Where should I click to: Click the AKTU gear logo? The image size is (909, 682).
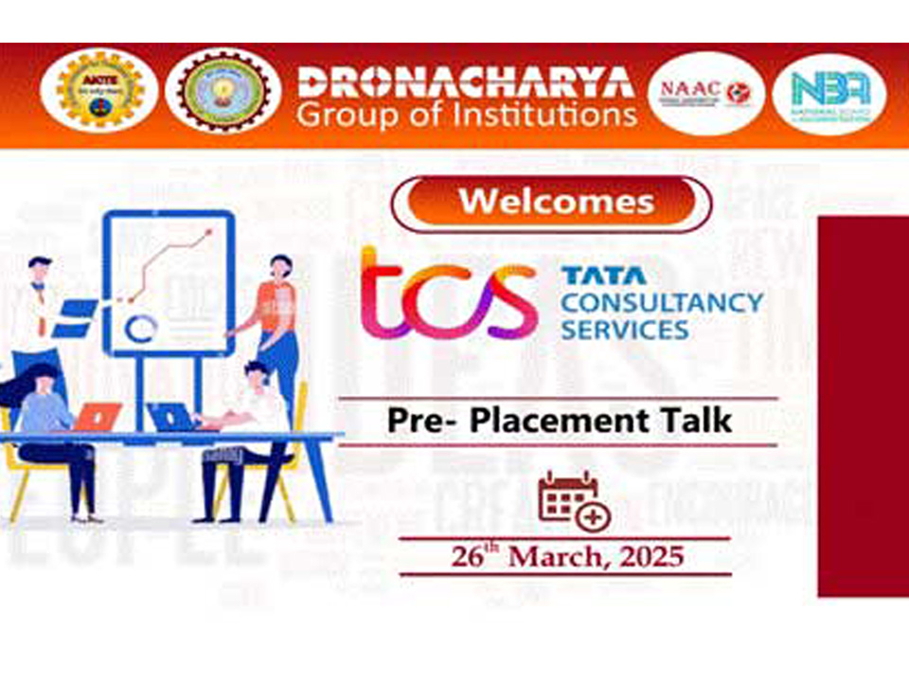click(95, 91)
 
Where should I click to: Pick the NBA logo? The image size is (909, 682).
click(829, 93)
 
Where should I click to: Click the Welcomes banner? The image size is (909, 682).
click(551, 203)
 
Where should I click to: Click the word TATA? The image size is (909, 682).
click(603, 277)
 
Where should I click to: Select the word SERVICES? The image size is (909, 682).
click(624, 330)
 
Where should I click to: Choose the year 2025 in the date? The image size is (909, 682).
click(651, 556)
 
